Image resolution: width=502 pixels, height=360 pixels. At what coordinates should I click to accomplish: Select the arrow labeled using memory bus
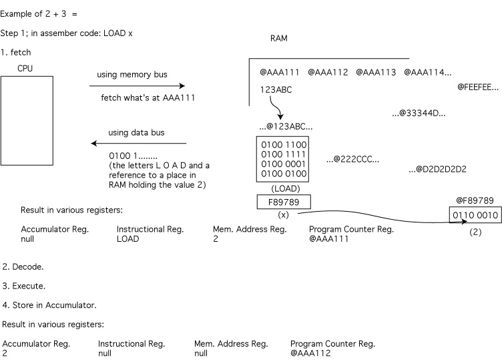[x=137, y=86]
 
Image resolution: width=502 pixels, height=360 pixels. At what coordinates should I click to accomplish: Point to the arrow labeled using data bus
[x=139, y=144]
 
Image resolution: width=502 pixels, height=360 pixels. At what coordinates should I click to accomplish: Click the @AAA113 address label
[x=376, y=72]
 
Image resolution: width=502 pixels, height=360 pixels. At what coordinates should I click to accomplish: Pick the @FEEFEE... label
[x=478, y=87]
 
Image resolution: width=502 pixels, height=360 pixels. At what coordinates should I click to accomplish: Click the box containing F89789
[x=284, y=201]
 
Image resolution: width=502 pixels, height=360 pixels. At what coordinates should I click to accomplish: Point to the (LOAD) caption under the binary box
[x=284, y=188]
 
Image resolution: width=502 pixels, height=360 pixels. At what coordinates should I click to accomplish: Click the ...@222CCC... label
[x=352, y=160]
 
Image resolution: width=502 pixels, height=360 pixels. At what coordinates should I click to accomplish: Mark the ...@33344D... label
[x=419, y=114]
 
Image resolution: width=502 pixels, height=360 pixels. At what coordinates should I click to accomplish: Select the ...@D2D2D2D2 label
[x=437, y=169]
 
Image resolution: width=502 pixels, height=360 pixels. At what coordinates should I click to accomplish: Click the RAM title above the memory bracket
[x=278, y=38]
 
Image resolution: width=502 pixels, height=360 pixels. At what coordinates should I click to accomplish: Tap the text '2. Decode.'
[x=23, y=266]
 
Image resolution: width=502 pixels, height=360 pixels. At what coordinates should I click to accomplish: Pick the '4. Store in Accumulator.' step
[x=49, y=305]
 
